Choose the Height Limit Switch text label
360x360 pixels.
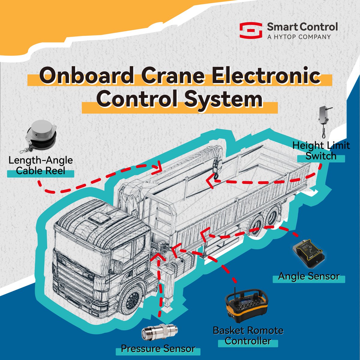(321, 151)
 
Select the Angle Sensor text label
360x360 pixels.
(309, 276)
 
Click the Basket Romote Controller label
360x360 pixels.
(248, 336)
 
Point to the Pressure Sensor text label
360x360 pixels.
(158, 349)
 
